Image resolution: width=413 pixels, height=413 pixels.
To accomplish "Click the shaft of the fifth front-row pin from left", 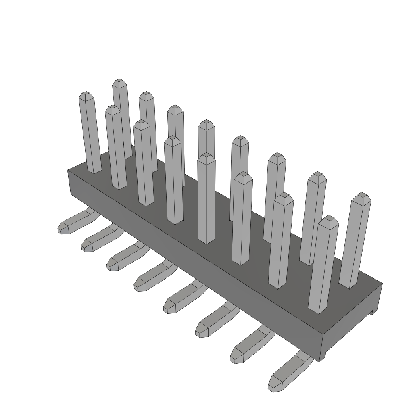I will pyautogui.click(x=206, y=202).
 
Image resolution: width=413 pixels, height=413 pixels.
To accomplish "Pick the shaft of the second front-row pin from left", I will pyautogui.click(x=116, y=149).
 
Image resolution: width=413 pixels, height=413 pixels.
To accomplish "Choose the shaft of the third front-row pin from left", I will pyautogui.click(x=144, y=165).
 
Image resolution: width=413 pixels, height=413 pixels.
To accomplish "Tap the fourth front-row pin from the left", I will pyautogui.click(x=174, y=181).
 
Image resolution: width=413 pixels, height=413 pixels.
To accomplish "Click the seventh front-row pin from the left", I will pyautogui.click(x=280, y=242).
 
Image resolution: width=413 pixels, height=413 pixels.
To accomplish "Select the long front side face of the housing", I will pyautogui.click(x=194, y=262).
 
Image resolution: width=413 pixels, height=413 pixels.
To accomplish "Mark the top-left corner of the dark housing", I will pyautogui.click(x=68, y=171).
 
